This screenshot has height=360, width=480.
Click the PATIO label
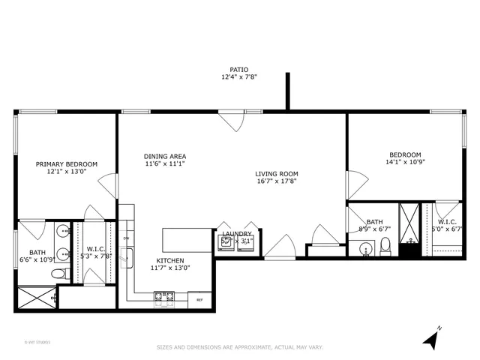pos(239,69)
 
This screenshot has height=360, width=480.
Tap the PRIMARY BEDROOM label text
pos(67,163)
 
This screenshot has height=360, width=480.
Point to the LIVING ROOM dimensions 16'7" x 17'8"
pos(276,181)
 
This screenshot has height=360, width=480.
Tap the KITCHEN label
pos(170,260)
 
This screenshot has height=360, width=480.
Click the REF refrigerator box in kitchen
pos(199,299)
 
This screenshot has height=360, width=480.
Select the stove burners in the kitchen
pos(164,298)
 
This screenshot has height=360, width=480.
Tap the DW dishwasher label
pos(127,238)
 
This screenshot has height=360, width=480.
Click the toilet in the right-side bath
pos(385,245)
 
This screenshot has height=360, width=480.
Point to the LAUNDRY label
pos(236,234)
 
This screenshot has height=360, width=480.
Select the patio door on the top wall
pos(230,120)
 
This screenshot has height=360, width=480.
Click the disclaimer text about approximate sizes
pos(239,347)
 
